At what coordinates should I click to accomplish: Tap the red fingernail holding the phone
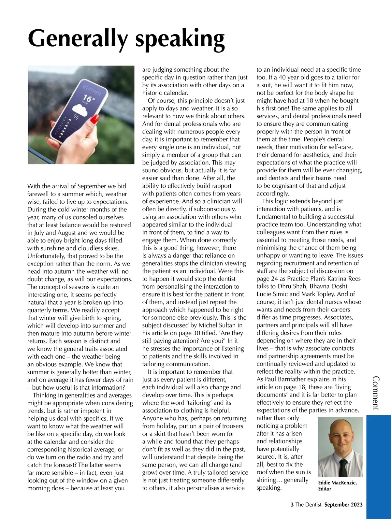pyautogui.click(x=94, y=119)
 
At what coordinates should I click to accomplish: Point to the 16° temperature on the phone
pyautogui.click(x=89, y=98)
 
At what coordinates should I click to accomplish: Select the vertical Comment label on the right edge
pyautogui.click(x=375, y=393)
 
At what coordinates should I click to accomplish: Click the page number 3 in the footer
pyautogui.click(x=292, y=505)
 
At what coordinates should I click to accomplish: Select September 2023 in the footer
pyautogui.click(x=343, y=505)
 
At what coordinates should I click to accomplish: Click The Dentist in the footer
pyautogui.click(x=308, y=505)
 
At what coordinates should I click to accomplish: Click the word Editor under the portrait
pyautogui.click(x=325, y=489)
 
